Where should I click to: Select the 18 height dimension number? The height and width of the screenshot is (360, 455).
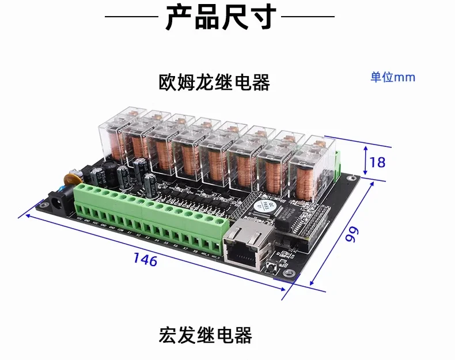click(377, 162)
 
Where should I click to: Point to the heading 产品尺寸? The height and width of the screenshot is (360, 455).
click(221, 18)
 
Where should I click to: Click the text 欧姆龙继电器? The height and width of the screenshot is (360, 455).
click(214, 82)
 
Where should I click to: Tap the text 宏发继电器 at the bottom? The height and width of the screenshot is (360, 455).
click(206, 335)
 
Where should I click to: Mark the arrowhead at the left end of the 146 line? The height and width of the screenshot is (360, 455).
click(21, 217)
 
